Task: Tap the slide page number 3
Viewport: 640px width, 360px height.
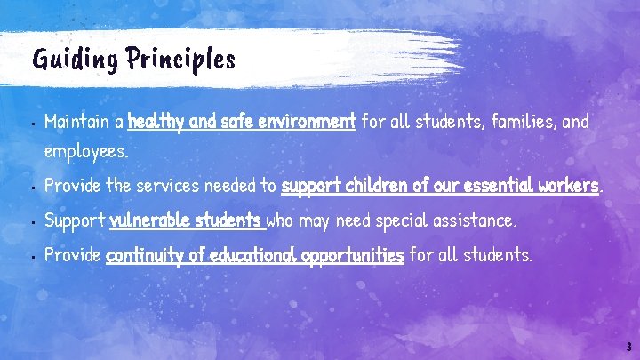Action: coord(628,347)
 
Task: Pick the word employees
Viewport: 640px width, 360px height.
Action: coord(86,152)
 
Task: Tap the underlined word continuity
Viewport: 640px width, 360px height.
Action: coord(145,256)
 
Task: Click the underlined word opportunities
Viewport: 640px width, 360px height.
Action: coord(353,256)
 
